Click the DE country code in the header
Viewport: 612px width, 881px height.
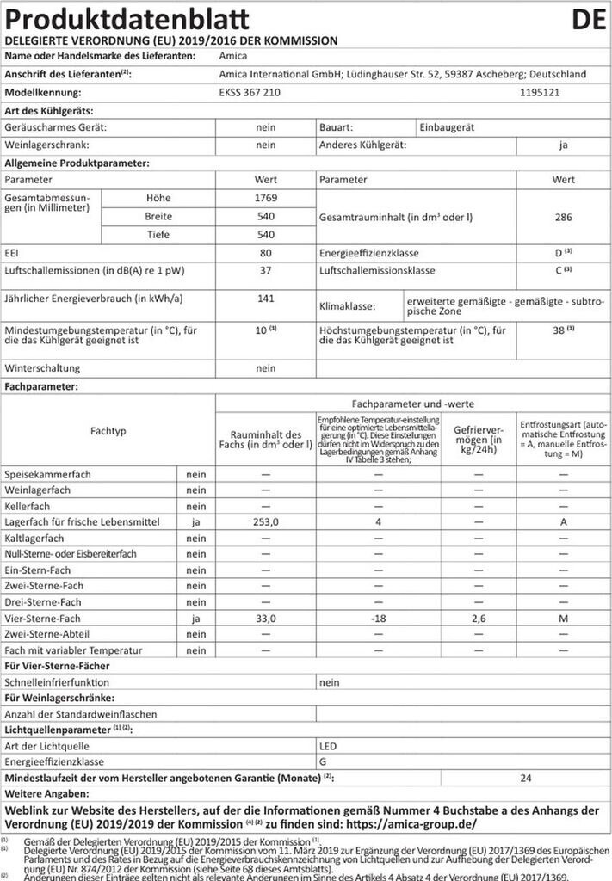tap(587, 18)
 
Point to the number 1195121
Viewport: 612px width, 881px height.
tap(542, 91)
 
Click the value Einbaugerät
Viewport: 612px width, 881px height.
tap(448, 126)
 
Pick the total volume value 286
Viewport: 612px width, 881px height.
tap(563, 217)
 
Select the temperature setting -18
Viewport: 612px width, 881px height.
tap(375, 619)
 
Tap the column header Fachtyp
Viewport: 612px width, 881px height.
tap(108, 429)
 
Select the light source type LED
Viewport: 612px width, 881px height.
tap(328, 745)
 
